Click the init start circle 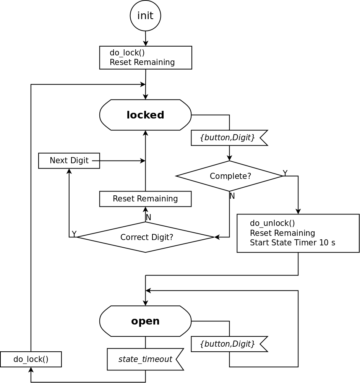[x=145, y=16]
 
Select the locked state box [x=145, y=115]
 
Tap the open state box [x=145, y=321]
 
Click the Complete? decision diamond [x=230, y=176]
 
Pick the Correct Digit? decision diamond [x=146, y=237]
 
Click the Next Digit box [x=69, y=161]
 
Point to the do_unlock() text [x=272, y=223]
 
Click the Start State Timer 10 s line [x=292, y=243]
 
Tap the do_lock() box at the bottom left [x=31, y=359]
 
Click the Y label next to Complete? [x=285, y=173]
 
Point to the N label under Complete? [x=232, y=196]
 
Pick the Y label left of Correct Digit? [x=74, y=234]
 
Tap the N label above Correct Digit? [x=149, y=217]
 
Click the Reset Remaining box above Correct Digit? [x=145, y=199]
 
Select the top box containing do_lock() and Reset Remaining [x=146, y=58]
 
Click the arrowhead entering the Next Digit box [x=69, y=171]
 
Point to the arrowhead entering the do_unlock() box [x=298, y=212]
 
